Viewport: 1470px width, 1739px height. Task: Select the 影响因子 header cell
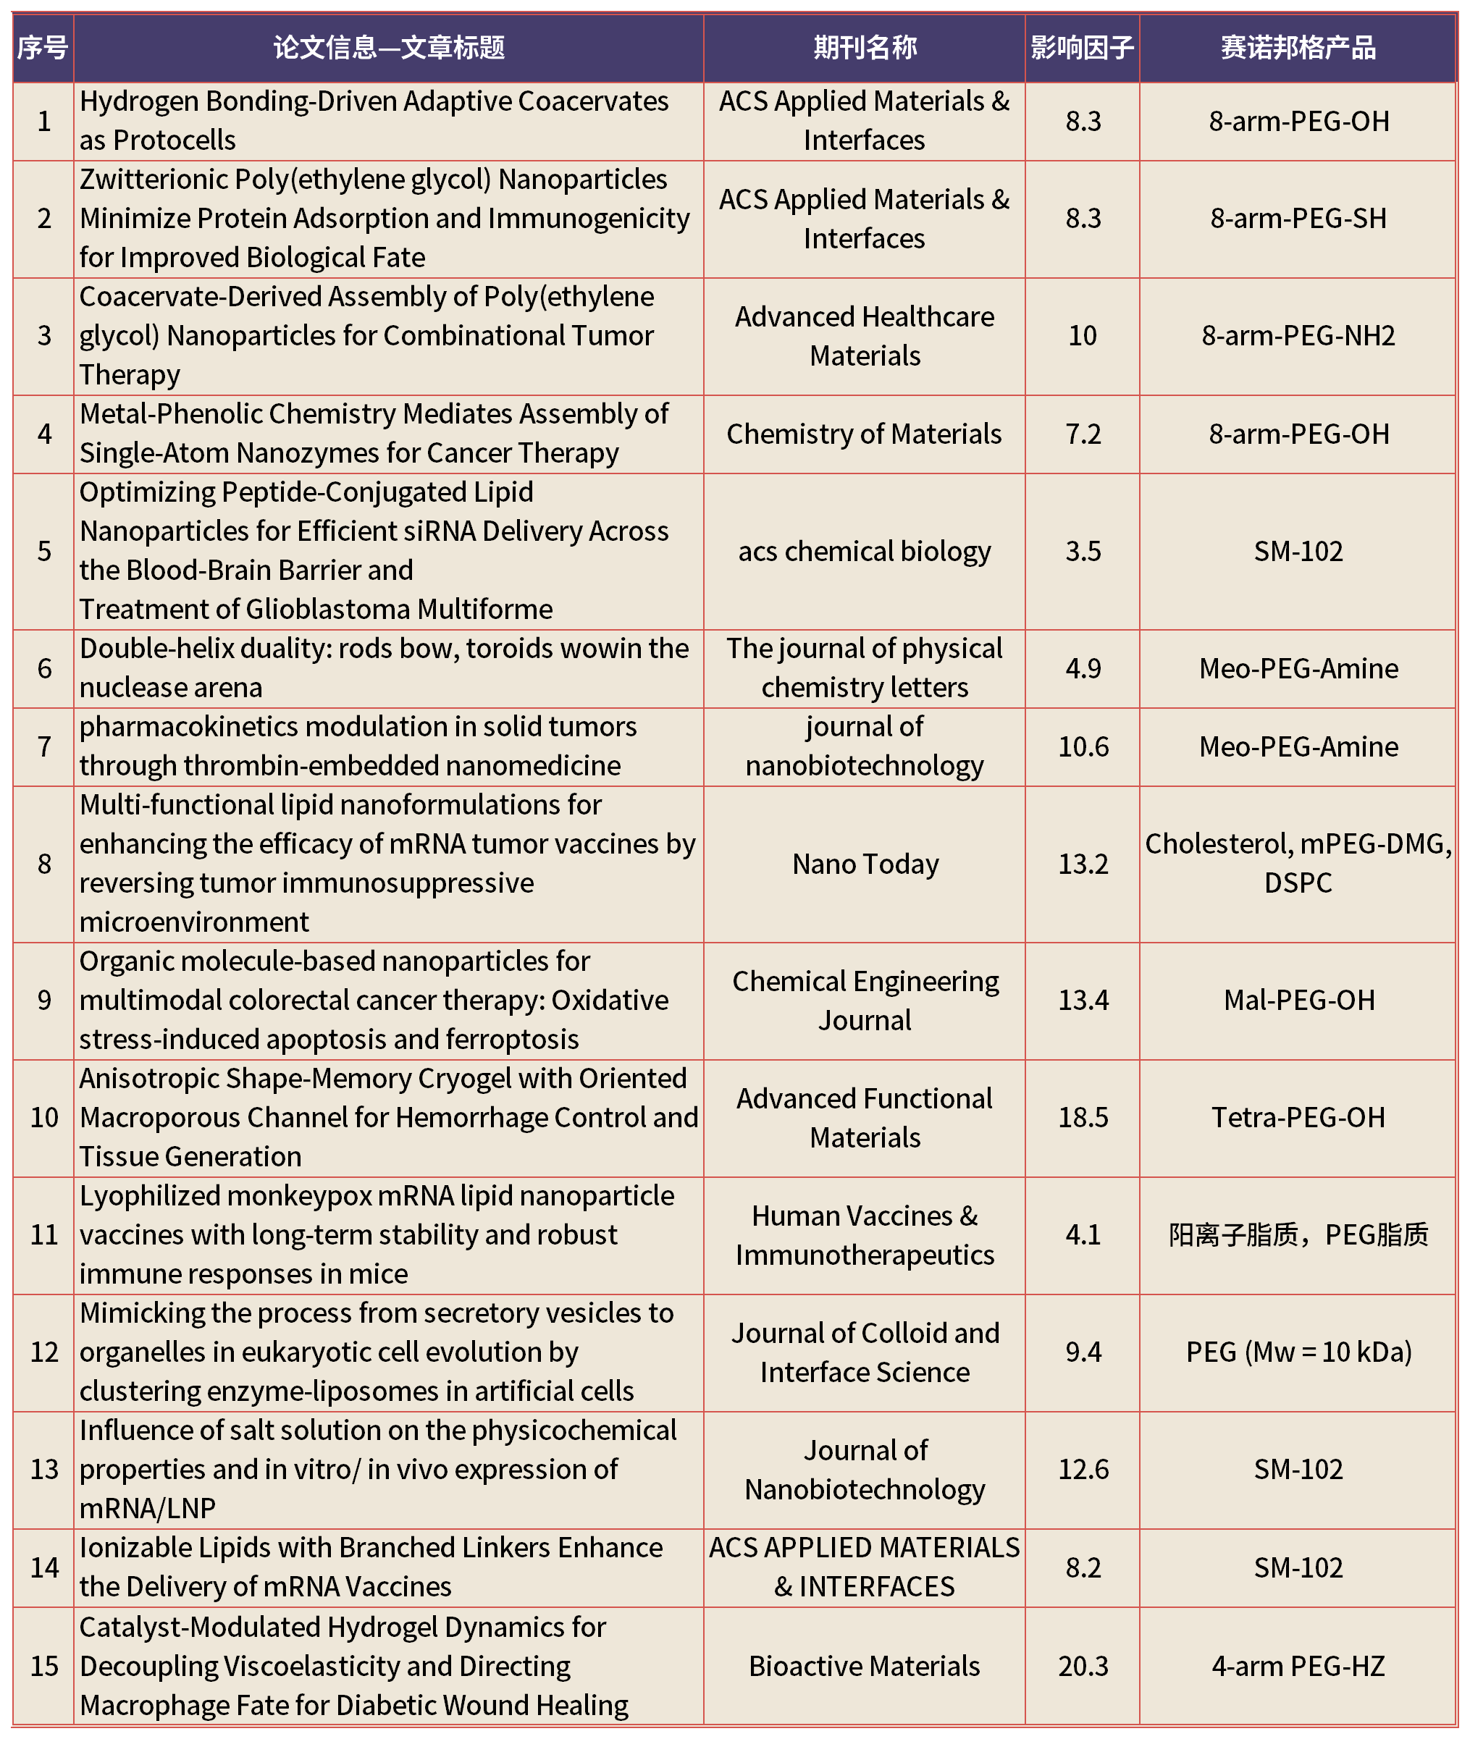1082,48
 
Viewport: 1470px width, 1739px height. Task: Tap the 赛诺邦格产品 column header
1298,48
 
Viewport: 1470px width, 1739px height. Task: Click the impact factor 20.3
1083,1666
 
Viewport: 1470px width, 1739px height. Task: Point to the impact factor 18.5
1083,1117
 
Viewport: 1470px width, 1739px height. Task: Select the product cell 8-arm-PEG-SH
1298,219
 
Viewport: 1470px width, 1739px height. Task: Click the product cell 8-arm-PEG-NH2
1298,336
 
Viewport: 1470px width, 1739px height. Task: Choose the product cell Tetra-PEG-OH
1298,1117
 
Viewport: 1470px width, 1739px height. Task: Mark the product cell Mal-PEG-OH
1298,1000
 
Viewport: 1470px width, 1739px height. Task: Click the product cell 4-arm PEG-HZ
1298,1666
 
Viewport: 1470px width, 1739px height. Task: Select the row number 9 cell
44,1000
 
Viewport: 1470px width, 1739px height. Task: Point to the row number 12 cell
44,1352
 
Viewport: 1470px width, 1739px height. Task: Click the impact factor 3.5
1083,552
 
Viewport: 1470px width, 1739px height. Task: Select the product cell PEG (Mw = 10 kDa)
1298,1352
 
